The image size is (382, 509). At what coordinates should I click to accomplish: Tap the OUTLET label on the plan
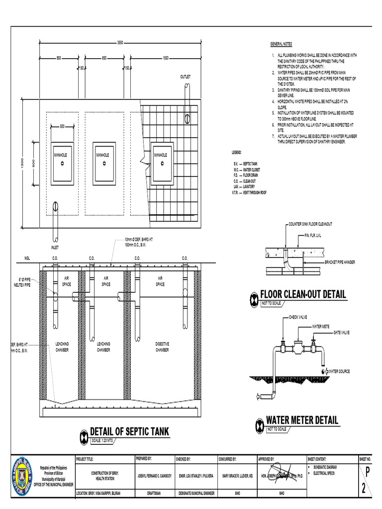coord(186,77)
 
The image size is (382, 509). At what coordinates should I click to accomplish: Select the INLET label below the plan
coord(55,247)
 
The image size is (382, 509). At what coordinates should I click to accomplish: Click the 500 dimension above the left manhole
coord(62,126)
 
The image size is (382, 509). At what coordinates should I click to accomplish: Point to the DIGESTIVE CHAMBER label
coord(162,346)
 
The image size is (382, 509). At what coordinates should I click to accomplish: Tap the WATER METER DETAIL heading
coord(302,421)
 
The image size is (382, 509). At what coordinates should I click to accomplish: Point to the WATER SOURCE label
coord(341,371)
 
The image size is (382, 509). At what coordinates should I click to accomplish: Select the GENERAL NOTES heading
coord(282,44)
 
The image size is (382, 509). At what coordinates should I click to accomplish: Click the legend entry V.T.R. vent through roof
coord(250,191)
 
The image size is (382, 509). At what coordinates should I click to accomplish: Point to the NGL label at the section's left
coord(27,258)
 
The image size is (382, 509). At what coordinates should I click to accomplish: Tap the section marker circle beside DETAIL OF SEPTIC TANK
coord(84,436)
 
